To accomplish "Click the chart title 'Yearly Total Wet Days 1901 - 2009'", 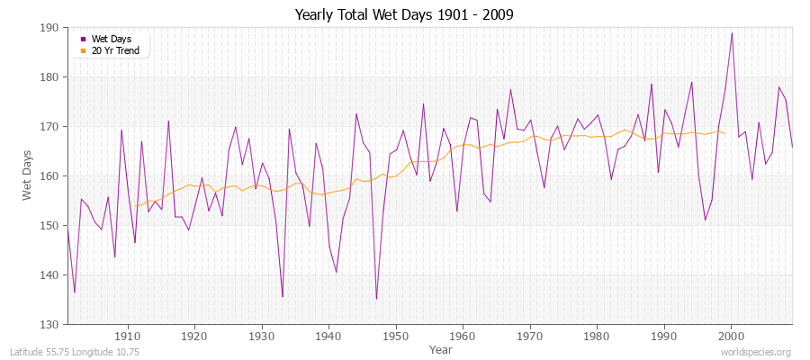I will click(404, 15).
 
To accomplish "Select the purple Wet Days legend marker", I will click(84, 39).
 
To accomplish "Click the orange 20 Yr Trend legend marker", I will click(84, 49).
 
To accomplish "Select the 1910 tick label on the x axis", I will click(128, 336).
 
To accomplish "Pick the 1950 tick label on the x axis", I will click(395, 336).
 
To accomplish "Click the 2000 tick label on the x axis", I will click(731, 336).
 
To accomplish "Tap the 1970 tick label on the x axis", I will click(529, 336).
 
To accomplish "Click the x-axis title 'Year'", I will click(441, 348).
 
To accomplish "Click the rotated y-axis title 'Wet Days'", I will click(28, 176).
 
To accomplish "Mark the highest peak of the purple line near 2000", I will click(732, 33).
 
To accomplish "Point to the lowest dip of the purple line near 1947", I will click(376, 299).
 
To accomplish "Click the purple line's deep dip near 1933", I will click(283, 297).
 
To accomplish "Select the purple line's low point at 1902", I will click(75, 292).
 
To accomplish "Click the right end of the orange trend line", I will click(724, 133).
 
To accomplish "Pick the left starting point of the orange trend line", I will click(135, 206).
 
